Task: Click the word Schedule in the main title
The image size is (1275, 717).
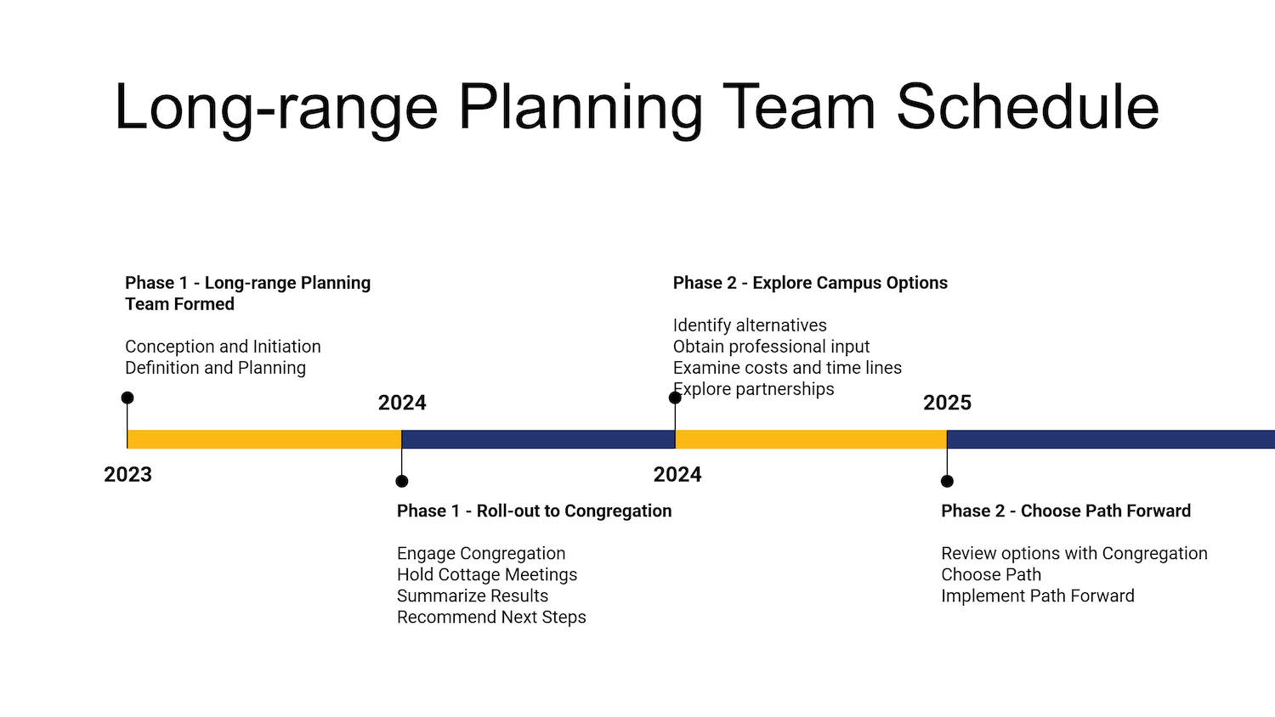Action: pyautogui.click(x=1028, y=106)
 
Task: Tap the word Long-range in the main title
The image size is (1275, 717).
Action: pyautogui.click(x=276, y=110)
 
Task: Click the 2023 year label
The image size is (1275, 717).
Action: pyautogui.click(x=128, y=475)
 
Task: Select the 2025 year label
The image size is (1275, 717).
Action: pyautogui.click(x=947, y=403)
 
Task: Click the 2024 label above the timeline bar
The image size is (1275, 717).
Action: pyautogui.click(x=402, y=403)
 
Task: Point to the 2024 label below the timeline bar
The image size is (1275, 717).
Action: pyautogui.click(x=677, y=475)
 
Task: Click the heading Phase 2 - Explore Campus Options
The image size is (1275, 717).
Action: pyautogui.click(x=810, y=283)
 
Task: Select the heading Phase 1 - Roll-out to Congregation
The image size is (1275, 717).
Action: pyautogui.click(x=534, y=511)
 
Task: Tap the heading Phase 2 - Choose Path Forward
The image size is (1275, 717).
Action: pyautogui.click(x=1066, y=511)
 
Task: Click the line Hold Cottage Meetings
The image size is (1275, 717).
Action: pyautogui.click(x=487, y=575)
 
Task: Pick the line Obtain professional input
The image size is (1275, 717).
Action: pyautogui.click(x=771, y=347)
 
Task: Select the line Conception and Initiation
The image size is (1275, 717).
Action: pyautogui.click(x=223, y=347)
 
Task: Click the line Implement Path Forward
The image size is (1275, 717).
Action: pyautogui.click(x=1038, y=596)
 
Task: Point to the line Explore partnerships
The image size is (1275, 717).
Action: pyautogui.click(x=754, y=389)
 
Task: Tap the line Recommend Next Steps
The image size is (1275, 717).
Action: pyautogui.click(x=491, y=618)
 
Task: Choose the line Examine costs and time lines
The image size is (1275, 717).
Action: pyautogui.click(x=787, y=368)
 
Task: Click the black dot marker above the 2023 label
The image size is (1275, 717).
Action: pyautogui.click(x=127, y=398)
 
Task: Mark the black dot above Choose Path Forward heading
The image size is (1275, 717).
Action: pyautogui.click(x=947, y=482)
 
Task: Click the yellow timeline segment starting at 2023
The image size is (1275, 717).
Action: pyautogui.click(x=264, y=439)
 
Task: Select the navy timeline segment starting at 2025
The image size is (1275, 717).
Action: pyautogui.click(x=1111, y=439)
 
